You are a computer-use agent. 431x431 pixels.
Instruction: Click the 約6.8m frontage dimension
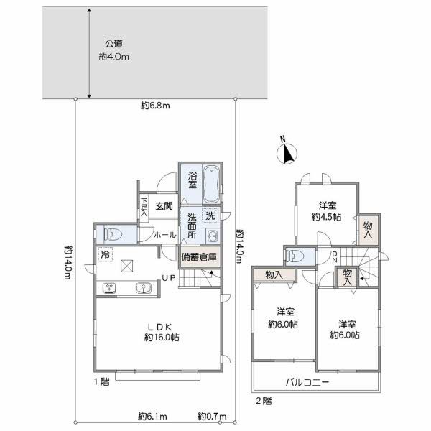pos(154,106)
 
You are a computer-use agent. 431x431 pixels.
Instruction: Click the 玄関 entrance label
pos(164,206)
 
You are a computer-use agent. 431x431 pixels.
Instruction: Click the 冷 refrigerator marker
pos(106,254)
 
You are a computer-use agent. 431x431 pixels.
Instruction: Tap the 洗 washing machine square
pos(210,215)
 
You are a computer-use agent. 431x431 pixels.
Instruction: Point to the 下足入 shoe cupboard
pos(144,208)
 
